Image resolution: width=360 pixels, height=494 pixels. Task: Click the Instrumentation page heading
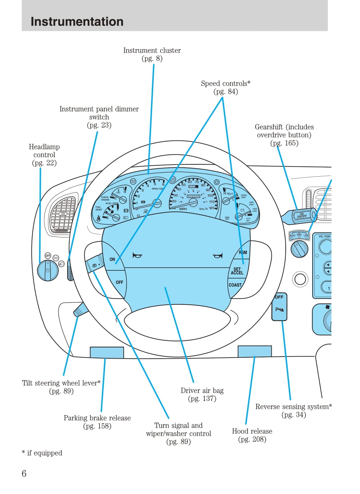pyautogui.click(x=77, y=21)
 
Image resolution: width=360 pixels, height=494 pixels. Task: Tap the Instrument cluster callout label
pyautogui.click(x=152, y=55)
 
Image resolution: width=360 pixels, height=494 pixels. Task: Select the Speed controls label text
pyautogui.click(x=225, y=87)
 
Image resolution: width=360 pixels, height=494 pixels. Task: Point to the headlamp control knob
pyautogui.click(x=48, y=270)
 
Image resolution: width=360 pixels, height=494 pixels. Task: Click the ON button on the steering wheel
pyautogui.click(x=112, y=259)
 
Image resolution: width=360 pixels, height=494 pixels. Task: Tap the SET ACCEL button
pyautogui.click(x=237, y=271)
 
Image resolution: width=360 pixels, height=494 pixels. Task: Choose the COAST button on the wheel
pyautogui.click(x=235, y=285)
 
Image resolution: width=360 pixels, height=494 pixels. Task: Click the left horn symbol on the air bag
pyautogui.click(x=137, y=255)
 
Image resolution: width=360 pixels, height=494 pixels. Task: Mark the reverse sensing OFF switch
pyautogui.click(x=280, y=306)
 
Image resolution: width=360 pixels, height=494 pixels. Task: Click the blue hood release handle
pyautogui.click(x=255, y=351)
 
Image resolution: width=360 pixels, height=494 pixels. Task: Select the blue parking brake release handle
pyautogui.click(x=107, y=353)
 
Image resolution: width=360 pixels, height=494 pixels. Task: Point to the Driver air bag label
pyautogui.click(x=202, y=394)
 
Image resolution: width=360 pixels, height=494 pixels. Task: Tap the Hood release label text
pyautogui.click(x=252, y=435)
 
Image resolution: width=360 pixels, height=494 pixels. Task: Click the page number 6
pyautogui.click(x=24, y=473)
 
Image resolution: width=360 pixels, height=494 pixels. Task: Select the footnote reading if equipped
pyautogui.click(x=42, y=453)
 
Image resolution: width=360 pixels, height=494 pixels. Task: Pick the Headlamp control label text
pyautogui.click(x=44, y=155)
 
